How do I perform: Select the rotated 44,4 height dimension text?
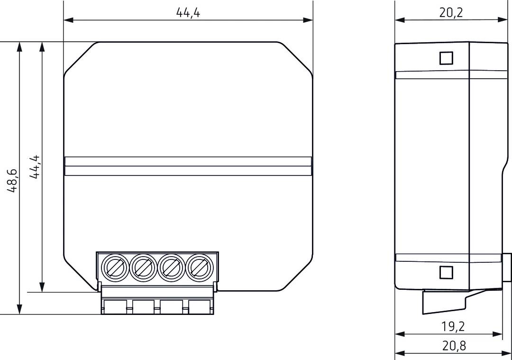tap(35, 167)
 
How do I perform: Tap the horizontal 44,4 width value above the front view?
tap(188, 13)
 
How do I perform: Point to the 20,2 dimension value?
tap(451, 13)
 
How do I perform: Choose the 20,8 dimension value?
tap(454, 346)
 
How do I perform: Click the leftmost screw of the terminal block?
tap(115, 268)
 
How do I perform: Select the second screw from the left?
tap(143, 268)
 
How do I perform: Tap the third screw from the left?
tap(171, 268)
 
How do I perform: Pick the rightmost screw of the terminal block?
tap(199, 268)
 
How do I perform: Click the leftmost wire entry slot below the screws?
tap(115, 307)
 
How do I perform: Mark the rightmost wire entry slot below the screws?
tap(201, 307)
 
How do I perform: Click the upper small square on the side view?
tap(446, 58)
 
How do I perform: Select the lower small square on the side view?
tap(446, 272)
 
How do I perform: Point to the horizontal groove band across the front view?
tap(188, 166)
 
